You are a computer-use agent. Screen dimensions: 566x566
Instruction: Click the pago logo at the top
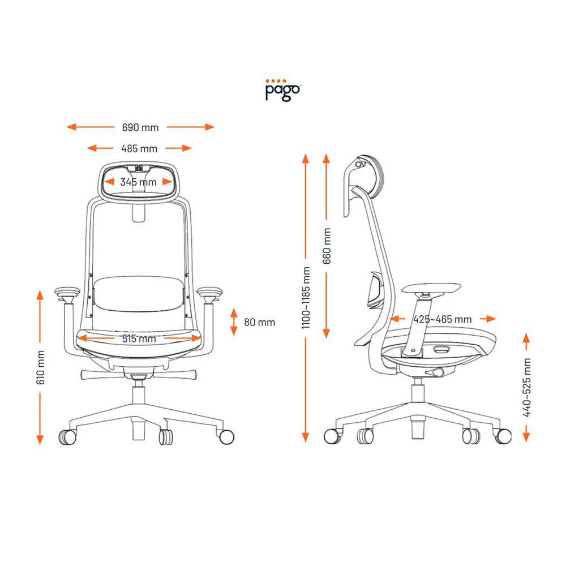coord(283,90)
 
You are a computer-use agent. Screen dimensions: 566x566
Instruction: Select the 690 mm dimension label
coord(140,127)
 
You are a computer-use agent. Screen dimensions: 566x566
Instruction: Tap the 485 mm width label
coord(139,148)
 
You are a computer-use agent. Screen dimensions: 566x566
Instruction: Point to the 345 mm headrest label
coord(138,182)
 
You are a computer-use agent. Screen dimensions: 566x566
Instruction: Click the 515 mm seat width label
coord(139,338)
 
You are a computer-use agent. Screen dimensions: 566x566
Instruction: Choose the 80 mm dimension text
coord(259,322)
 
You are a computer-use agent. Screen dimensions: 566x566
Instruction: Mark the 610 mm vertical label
coord(40,367)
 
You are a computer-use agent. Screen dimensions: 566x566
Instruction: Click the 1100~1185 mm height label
coord(306,298)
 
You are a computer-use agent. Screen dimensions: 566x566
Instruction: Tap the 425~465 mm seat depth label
coord(442,319)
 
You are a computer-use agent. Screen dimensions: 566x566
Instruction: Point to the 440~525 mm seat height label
coord(526,387)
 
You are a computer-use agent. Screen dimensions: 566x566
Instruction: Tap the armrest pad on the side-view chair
coord(434,287)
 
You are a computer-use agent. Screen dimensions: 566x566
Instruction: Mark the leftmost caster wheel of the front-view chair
coord(67,436)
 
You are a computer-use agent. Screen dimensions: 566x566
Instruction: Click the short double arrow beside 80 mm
coord(234,322)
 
